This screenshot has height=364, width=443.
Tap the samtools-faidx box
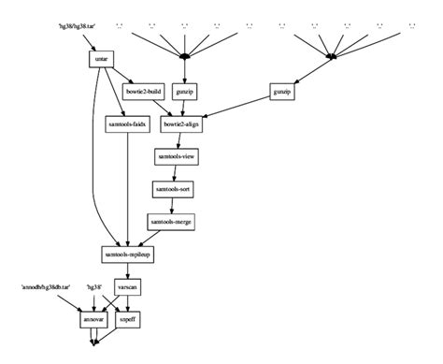click(121, 124)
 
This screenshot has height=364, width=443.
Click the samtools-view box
click(176, 156)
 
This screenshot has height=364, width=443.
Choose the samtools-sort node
click(173, 189)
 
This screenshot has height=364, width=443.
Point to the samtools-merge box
click(170, 222)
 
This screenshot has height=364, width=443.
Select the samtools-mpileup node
click(127, 255)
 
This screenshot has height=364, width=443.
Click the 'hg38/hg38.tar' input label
click(77, 25)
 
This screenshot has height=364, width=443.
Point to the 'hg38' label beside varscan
click(94, 286)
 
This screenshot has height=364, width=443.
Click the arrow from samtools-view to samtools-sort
click(174, 173)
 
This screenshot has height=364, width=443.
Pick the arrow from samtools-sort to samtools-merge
click(171, 206)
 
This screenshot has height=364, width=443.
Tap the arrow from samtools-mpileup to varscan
click(127, 271)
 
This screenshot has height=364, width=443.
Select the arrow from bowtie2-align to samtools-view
click(178, 140)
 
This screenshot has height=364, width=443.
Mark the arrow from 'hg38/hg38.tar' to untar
click(89, 41)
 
